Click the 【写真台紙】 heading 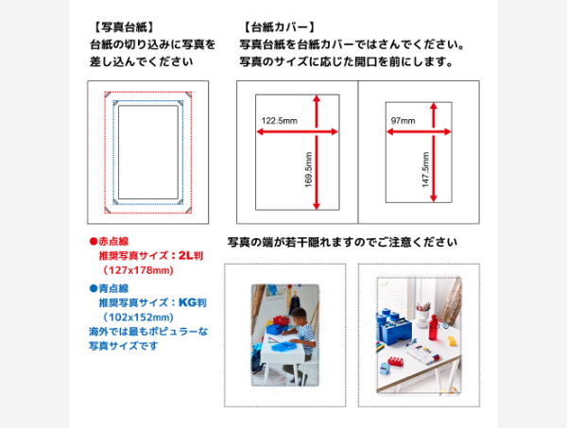pos(123,27)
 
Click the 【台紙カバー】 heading pos(279,27)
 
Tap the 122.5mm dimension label pos(279,121)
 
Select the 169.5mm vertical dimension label pos(308,169)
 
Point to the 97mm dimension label pos(403,121)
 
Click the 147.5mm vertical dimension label pos(425,169)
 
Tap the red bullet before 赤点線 pos(94,242)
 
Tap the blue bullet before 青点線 pos(94,288)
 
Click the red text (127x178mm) pos(138,270)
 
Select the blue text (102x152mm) pos(138,317)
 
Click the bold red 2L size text pos(186,255)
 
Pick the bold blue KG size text pos(187,302)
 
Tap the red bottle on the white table pos(433,327)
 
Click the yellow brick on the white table pos(453,340)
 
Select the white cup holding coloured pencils pos(422,316)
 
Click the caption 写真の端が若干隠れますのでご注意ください pos(342,242)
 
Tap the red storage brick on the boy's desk pos(282,320)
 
